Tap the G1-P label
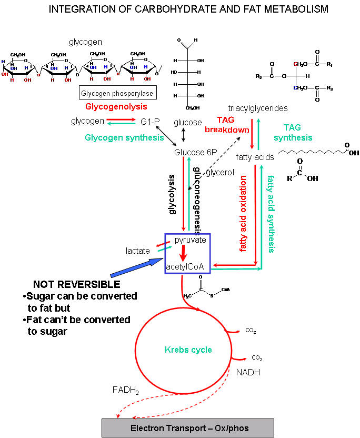[149, 122]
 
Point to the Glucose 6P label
[195, 152]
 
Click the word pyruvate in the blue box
[190, 240]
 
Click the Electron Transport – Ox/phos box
[187, 428]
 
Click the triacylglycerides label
[257, 108]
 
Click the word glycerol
[216, 172]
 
